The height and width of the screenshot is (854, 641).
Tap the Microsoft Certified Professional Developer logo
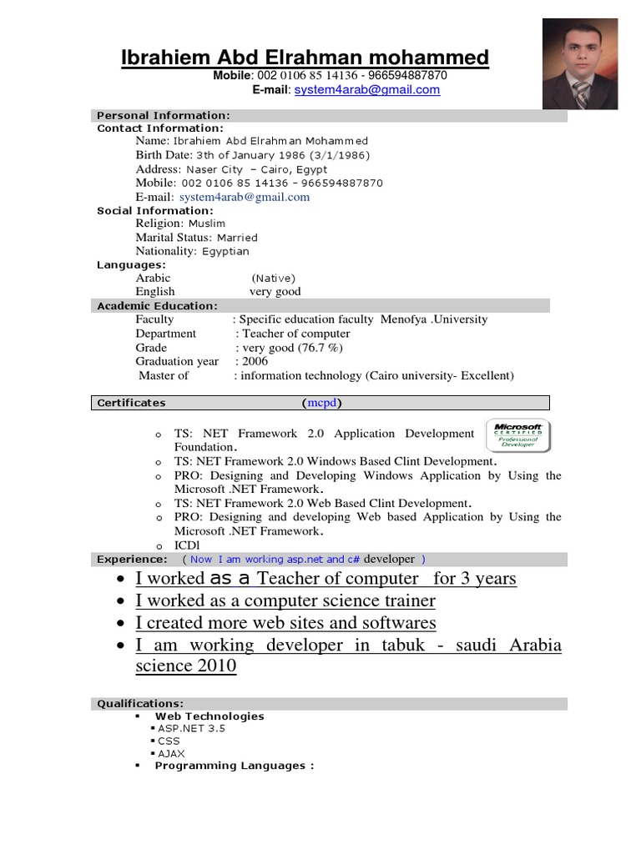[518, 436]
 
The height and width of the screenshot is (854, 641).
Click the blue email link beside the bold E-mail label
[366, 90]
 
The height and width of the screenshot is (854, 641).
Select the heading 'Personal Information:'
[164, 115]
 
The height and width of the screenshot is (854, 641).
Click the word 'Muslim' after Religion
[206, 224]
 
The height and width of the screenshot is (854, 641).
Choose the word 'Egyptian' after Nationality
[225, 251]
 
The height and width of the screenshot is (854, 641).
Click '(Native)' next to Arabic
[273, 278]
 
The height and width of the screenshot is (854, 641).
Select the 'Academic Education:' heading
[157, 306]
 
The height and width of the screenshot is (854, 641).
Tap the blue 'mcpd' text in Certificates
[321, 403]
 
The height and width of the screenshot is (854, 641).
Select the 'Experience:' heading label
[132, 559]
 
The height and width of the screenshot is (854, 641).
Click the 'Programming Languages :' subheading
[234, 766]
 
